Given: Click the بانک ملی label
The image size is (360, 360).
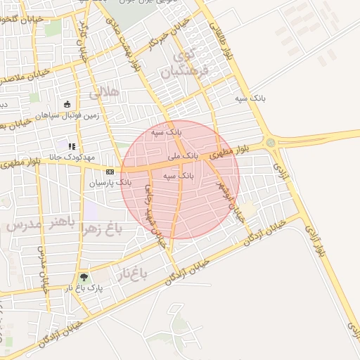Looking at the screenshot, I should (183, 154).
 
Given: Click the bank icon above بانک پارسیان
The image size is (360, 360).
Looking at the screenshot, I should (110, 172).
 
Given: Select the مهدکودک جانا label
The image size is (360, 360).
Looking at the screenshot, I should (72, 157).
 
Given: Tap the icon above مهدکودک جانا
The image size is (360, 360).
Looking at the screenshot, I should (72, 146).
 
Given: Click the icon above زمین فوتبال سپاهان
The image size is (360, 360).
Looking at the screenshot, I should (67, 105).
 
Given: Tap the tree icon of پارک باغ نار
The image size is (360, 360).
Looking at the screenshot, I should (85, 277).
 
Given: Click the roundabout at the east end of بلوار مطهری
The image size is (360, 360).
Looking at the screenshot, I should (271, 143).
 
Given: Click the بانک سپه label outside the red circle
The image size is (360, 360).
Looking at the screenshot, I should (251, 98).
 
